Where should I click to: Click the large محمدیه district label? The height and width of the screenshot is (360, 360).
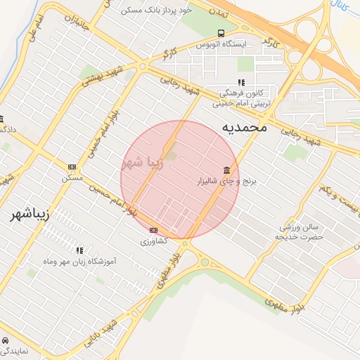(x=245, y=128)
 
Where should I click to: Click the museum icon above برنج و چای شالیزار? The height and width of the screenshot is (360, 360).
(x=226, y=171)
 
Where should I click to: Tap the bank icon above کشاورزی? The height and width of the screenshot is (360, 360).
(x=154, y=230)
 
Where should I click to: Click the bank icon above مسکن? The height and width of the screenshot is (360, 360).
(x=72, y=167)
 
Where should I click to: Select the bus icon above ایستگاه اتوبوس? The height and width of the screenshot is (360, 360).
(x=221, y=33)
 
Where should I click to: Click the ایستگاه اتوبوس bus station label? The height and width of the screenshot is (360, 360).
(x=223, y=44)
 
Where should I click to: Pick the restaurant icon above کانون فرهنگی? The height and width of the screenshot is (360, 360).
(x=242, y=82)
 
